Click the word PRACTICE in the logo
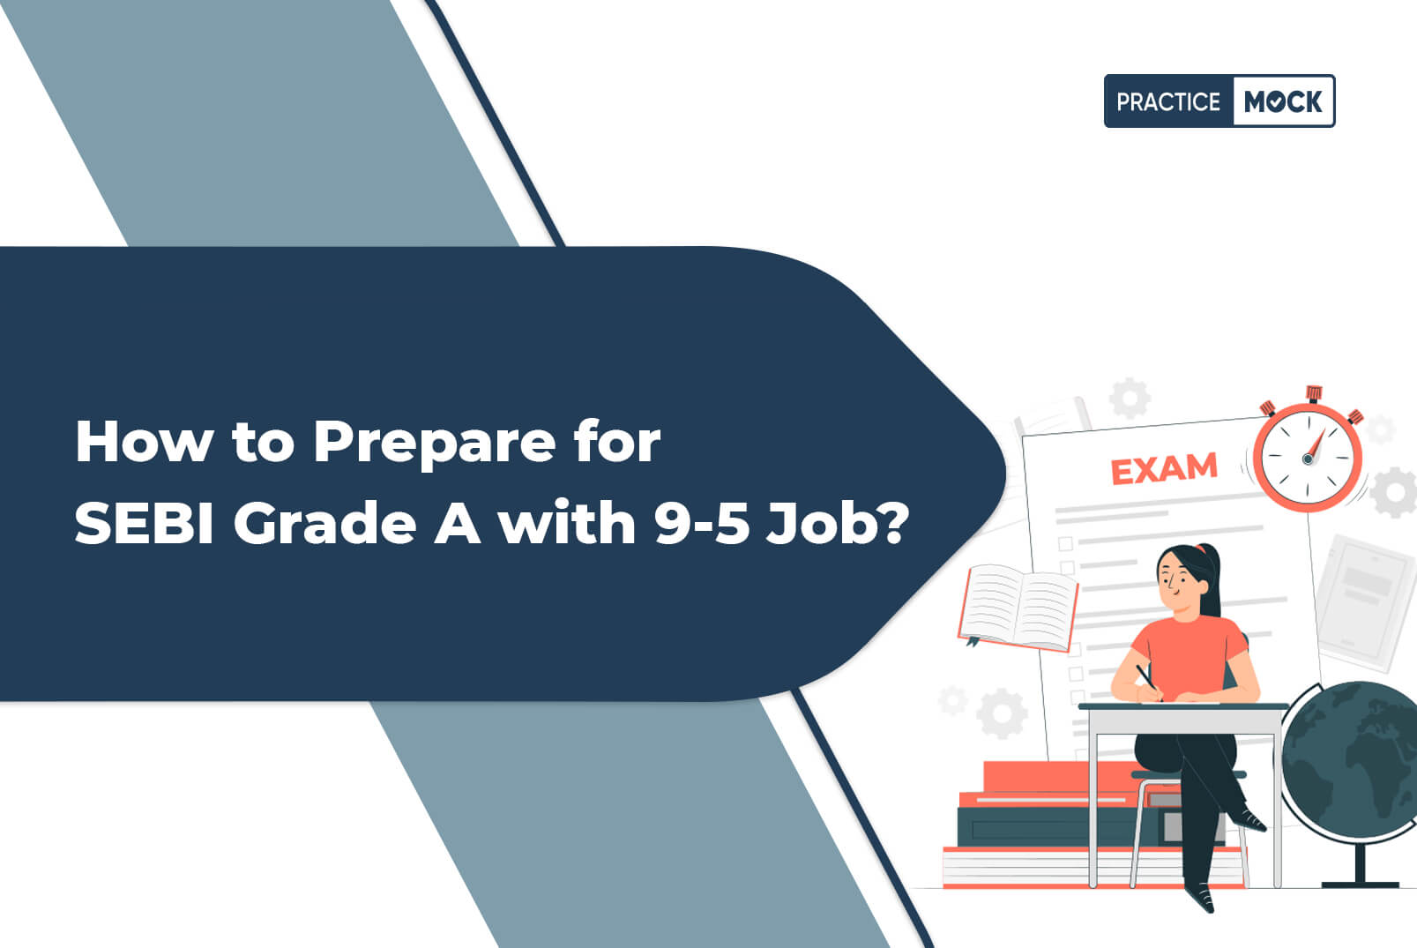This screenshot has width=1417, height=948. (x=1167, y=102)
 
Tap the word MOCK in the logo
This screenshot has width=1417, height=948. (x=1283, y=102)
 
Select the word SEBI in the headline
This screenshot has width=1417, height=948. (x=145, y=523)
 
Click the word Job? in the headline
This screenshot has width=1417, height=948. (x=838, y=524)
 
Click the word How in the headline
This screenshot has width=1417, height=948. (x=145, y=441)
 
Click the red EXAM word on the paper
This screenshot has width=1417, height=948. (x=1164, y=469)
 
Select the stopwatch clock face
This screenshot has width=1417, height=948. (x=1308, y=458)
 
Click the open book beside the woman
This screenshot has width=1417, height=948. (x=1018, y=607)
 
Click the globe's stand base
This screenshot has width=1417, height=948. (x=1360, y=885)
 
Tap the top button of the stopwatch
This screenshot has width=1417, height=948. (x=1314, y=393)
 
